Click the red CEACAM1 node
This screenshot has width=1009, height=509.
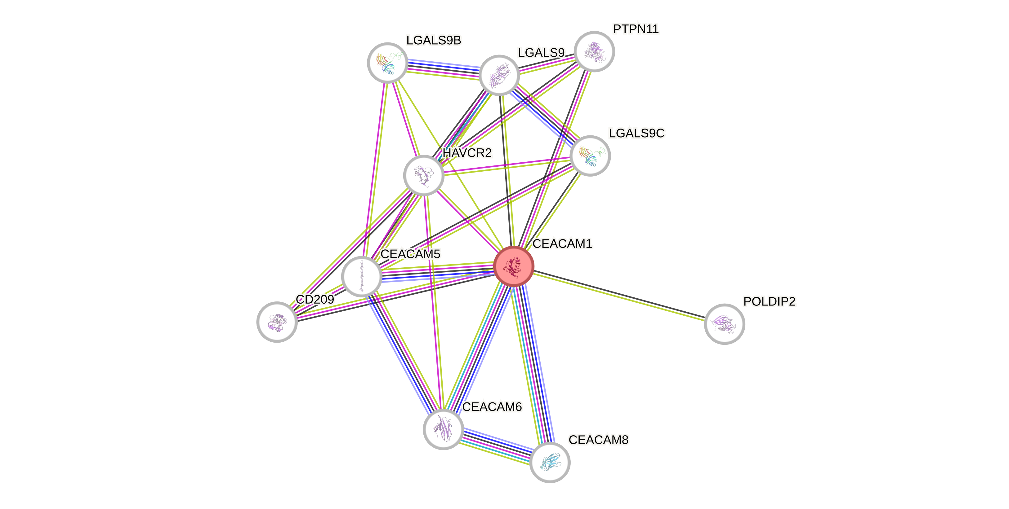514,266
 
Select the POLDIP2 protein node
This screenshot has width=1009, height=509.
724,324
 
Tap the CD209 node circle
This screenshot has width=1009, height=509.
277,322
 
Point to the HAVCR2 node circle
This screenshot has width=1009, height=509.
423,175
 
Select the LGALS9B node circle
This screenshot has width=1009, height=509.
387,63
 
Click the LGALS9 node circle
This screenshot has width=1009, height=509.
499,75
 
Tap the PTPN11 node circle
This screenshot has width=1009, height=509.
594,51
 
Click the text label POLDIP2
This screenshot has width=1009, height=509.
769,302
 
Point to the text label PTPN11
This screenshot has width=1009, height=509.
636,29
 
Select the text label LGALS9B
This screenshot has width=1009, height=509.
434,40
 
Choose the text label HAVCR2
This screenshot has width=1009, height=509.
467,153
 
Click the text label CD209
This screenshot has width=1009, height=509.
315,300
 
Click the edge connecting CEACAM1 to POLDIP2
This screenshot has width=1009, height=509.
619,295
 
